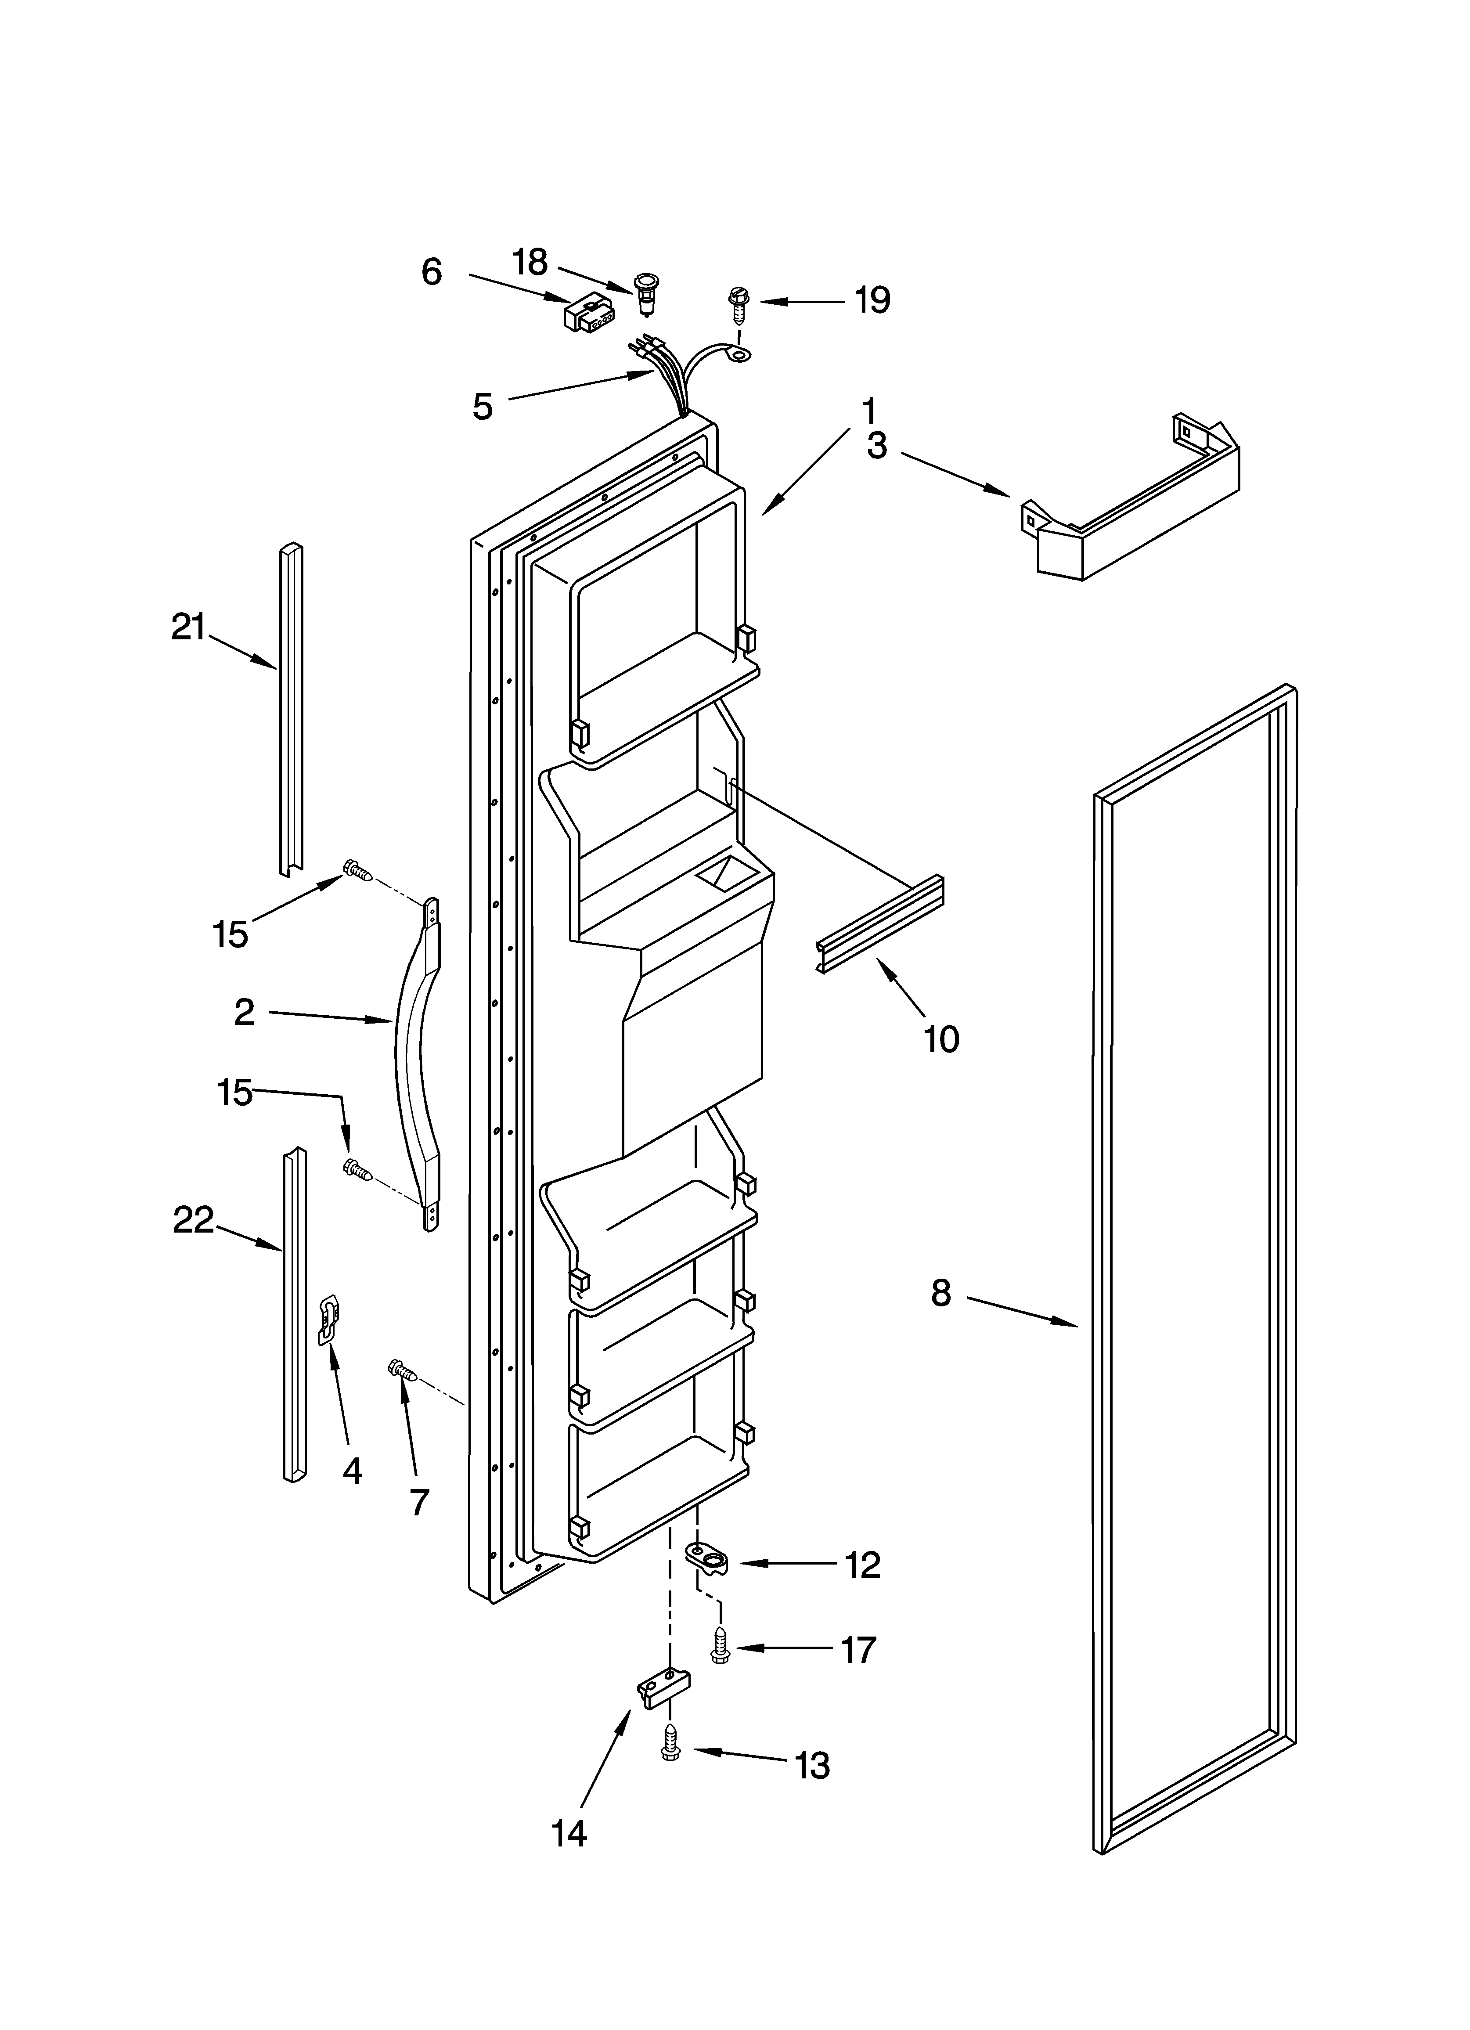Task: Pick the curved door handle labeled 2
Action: point(417,1065)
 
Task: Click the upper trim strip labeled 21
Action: point(290,707)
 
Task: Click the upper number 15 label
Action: point(230,935)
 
